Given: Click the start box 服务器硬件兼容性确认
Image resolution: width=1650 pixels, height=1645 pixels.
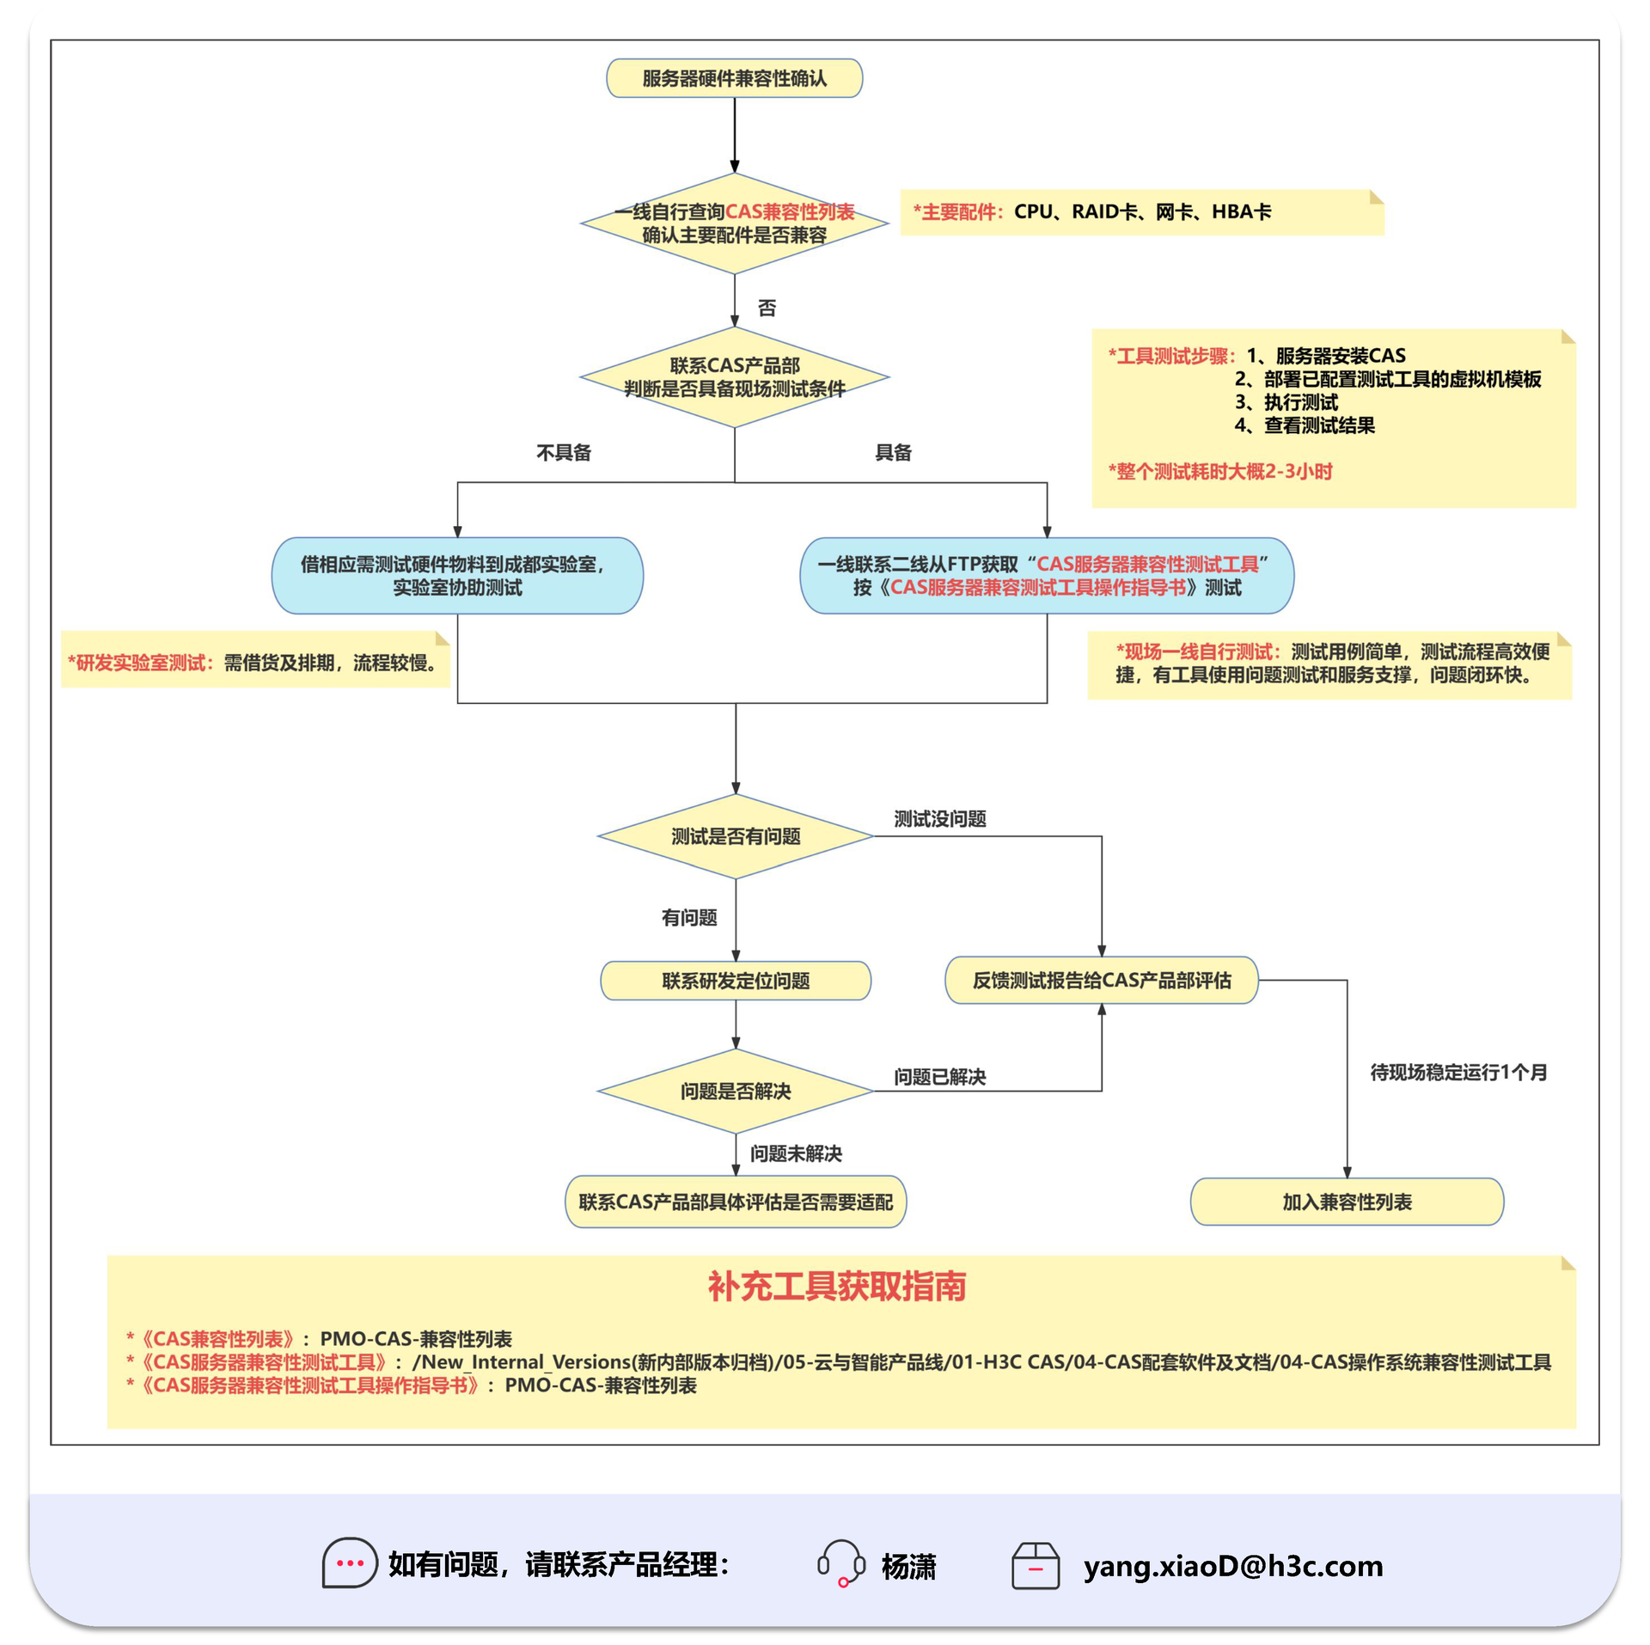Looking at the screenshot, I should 734,78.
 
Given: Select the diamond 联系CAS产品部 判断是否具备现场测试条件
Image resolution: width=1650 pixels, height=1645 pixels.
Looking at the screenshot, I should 734,376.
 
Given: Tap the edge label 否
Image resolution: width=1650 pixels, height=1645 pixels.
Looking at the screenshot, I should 767,308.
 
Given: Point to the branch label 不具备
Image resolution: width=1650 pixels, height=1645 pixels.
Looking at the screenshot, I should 564,452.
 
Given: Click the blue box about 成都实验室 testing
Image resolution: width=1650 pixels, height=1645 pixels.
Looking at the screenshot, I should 457,575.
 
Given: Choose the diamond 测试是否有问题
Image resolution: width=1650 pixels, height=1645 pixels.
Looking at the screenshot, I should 736,835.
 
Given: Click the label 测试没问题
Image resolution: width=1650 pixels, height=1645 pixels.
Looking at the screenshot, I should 939,818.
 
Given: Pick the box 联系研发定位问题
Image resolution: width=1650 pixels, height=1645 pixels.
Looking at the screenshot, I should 736,980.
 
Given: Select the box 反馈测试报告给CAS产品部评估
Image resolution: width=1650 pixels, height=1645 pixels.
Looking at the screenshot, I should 1101,980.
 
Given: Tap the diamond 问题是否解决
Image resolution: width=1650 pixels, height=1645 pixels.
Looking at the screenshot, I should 736,1091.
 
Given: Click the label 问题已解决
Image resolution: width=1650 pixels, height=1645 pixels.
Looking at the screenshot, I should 939,1076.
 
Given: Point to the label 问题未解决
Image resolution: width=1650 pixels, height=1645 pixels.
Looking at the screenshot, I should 796,1153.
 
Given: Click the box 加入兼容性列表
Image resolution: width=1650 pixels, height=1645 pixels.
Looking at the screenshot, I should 1346,1201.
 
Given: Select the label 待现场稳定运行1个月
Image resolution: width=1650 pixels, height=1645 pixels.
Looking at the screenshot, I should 1457,1072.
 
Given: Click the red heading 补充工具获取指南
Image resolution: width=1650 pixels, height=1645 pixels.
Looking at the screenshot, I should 836,1286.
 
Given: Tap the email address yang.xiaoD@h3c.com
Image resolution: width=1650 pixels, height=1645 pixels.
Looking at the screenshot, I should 1232,1565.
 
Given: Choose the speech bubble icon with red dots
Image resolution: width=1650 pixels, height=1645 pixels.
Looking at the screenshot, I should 349,1562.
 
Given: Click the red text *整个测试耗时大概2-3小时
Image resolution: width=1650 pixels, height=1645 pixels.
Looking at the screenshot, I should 1219,471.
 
